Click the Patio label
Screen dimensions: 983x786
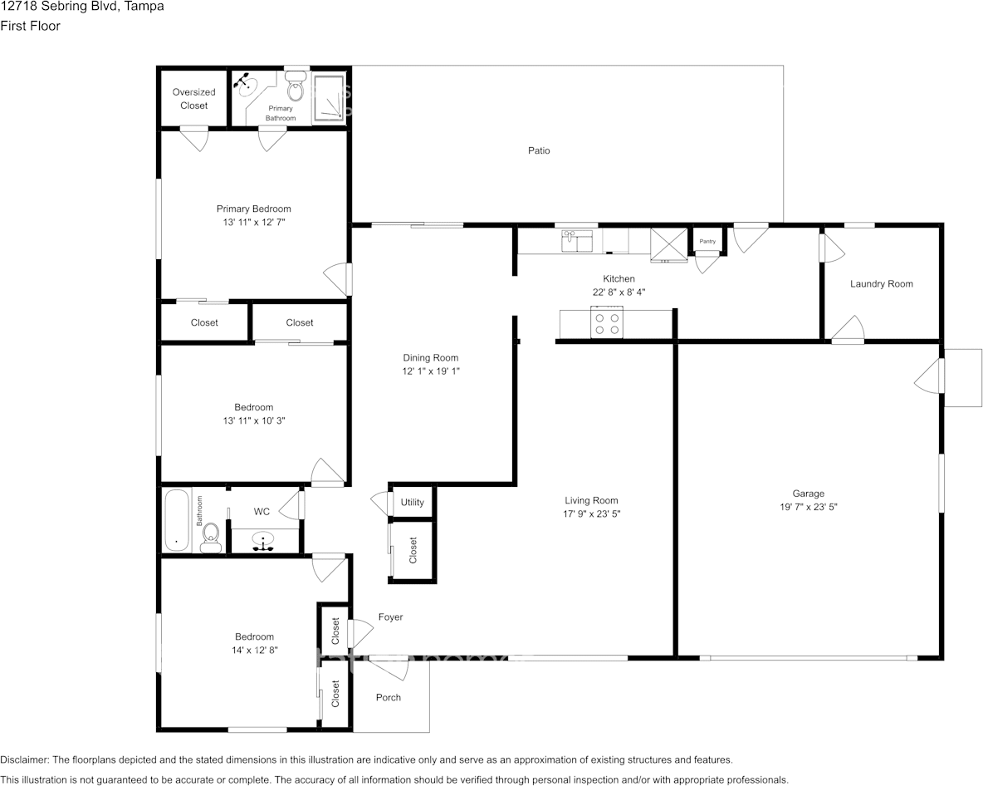pos(539,150)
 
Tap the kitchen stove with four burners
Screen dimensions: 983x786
pos(607,322)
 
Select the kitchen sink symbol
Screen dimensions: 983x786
pos(577,241)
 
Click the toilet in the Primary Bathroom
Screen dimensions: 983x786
pos(295,87)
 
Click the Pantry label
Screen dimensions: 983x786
pos(707,242)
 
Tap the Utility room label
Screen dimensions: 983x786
pos(412,503)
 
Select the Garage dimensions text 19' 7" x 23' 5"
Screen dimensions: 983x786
pos(808,507)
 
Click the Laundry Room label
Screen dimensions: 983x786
pos(881,284)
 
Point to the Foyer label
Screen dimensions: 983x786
pos(390,617)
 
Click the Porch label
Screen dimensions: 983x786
pos(388,698)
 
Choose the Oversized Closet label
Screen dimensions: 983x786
pos(193,99)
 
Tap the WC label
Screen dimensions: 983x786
pos(262,512)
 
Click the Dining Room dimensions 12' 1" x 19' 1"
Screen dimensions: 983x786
pos(431,371)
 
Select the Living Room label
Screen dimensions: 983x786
pos(591,500)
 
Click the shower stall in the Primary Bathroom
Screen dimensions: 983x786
pos(329,98)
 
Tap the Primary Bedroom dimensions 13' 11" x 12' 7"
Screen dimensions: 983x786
pos(254,222)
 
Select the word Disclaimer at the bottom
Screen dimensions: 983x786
pos(24,759)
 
